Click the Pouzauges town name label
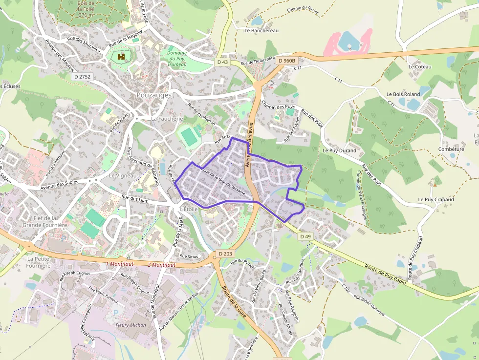point(154,95)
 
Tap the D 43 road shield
point(222,62)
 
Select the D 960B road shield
point(286,61)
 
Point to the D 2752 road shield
point(82,77)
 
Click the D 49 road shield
point(305,236)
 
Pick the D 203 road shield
point(225,254)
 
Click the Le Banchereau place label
point(261,30)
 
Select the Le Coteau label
point(420,66)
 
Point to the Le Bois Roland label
point(403,94)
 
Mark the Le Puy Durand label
point(339,151)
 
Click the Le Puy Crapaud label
point(436,200)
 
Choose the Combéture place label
point(451,149)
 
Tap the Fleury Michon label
point(131,325)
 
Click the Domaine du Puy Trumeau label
point(177,59)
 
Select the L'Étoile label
point(188,209)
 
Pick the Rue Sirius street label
point(189,256)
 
